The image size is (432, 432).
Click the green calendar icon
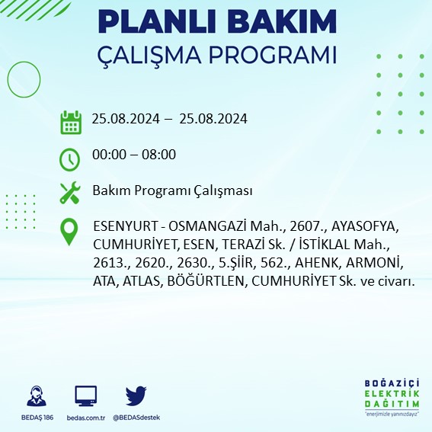(x=70, y=121)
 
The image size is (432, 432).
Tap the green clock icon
(x=70, y=158)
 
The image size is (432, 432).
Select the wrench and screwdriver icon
(x=70, y=191)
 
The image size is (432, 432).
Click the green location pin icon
(x=70, y=231)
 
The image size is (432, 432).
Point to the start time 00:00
(x=107, y=155)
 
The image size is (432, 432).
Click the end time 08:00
(x=160, y=155)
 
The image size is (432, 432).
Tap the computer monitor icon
(x=85, y=395)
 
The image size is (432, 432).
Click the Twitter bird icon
(x=136, y=395)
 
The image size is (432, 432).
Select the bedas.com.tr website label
(x=85, y=418)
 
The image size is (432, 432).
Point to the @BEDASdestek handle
(x=136, y=418)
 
